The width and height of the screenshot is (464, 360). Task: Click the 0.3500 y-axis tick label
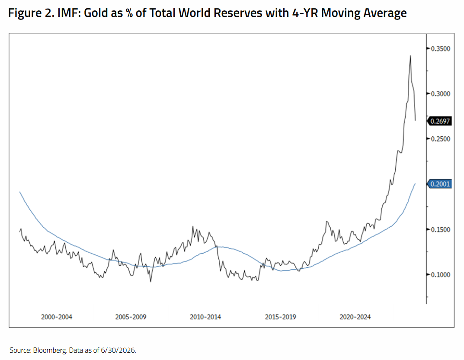pyautogui.click(x=440, y=48)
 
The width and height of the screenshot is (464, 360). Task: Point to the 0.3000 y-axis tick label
pyautogui.click(x=440, y=94)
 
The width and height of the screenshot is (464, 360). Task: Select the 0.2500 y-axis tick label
pyautogui.click(x=440, y=139)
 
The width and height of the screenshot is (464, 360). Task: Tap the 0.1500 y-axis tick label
pyautogui.click(x=440, y=230)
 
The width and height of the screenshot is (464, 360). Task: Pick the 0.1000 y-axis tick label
pyautogui.click(x=440, y=275)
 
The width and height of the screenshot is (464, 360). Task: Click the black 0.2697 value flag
pyautogui.click(x=440, y=121)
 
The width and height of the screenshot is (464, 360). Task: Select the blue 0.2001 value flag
pyautogui.click(x=440, y=184)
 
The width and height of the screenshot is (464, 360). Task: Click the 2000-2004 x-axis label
pyautogui.click(x=57, y=317)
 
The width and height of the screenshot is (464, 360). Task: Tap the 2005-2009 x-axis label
pyautogui.click(x=131, y=317)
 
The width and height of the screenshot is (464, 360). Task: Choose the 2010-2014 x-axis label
pyautogui.click(x=205, y=317)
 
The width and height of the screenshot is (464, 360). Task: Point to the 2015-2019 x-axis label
pyautogui.click(x=281, y=317)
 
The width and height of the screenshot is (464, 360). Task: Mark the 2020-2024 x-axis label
pyautogui.click(x=355, y=317)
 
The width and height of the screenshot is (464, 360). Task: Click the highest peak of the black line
pyautogui.click(x=410, y=56)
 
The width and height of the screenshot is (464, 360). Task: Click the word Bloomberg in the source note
pyautogui.click(x=49, y=350)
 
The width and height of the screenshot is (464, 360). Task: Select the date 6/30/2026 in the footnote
pyautogui.click(x=118, y=350)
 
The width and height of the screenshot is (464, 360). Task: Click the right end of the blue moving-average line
pyautogui.click(x=415, y=184)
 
